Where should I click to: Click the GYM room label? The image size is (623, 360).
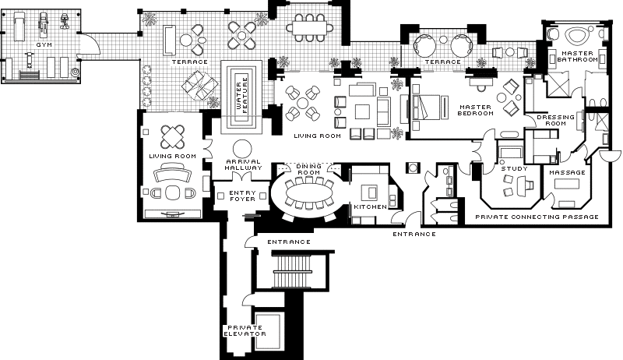44,45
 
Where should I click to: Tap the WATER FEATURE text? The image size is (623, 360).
241,95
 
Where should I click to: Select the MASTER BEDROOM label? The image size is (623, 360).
476,110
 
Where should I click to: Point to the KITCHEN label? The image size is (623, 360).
371,206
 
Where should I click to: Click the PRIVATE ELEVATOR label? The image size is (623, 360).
245,330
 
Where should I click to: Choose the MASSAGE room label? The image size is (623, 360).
568,172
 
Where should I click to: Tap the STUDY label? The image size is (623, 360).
515,168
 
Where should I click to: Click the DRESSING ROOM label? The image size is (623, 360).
555,120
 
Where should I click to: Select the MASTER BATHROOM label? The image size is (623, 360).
577,56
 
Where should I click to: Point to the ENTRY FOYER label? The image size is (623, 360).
242,196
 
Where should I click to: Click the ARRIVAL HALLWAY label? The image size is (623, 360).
244,164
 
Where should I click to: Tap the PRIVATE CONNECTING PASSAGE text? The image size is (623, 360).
537,217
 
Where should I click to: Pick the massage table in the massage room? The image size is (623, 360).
567,185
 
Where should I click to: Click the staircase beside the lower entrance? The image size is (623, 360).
292,271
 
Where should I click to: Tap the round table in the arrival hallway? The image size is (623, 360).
242,150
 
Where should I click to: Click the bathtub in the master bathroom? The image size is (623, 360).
578,36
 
